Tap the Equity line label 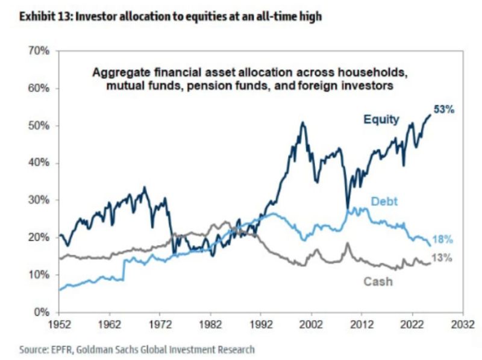pyautogui.click(x=380, y=119)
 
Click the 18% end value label pyautogui.click(x=443, y=240)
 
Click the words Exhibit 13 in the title pyautogui.click(x=43, y=17)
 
